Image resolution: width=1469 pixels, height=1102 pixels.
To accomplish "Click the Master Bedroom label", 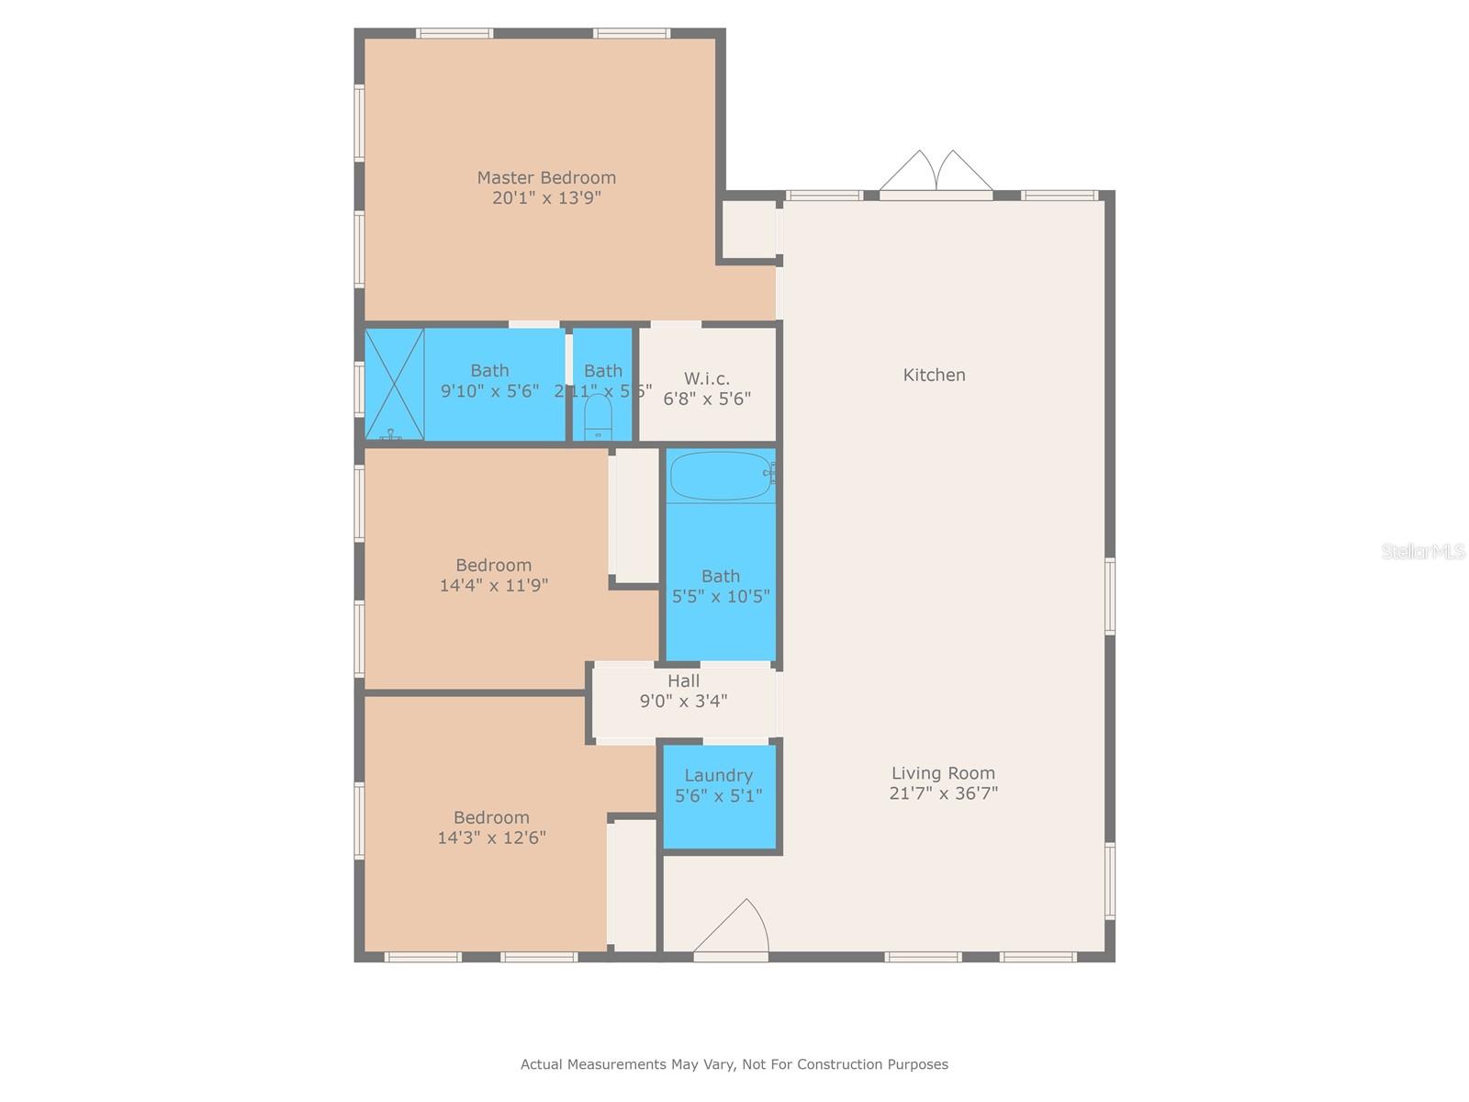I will click(546, 177).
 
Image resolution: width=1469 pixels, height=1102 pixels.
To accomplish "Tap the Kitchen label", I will click(934, 375).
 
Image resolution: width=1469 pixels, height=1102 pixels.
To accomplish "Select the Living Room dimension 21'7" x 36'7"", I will click(943, 793).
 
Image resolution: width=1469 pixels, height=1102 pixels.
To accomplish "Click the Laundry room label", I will click(718, 775).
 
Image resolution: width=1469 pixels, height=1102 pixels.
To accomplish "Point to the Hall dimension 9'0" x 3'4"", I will click(683, 701).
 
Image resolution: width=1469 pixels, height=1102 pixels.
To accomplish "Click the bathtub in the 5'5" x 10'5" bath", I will click(721, 475).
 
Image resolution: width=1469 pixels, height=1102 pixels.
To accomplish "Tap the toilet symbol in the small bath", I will click(599, 418).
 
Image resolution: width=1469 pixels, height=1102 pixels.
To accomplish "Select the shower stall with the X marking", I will click(394, 384).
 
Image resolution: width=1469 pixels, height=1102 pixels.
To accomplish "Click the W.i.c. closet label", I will click(707, 378).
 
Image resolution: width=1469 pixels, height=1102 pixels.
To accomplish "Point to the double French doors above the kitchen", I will click(936, 173).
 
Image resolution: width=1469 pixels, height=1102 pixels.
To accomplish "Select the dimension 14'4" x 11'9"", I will click(494, 585).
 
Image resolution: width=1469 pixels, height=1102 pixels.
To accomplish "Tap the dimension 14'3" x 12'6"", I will click(491, 838).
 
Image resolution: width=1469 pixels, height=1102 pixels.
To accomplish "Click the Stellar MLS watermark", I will click(1422, 552).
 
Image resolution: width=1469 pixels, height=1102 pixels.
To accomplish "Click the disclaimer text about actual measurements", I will click(734, 1064).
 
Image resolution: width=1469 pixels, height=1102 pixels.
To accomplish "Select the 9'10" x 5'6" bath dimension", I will click(489, 391).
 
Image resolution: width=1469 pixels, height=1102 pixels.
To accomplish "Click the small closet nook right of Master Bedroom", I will click(748, 230).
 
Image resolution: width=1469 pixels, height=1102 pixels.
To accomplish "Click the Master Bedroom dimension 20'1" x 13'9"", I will click(546, 197).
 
